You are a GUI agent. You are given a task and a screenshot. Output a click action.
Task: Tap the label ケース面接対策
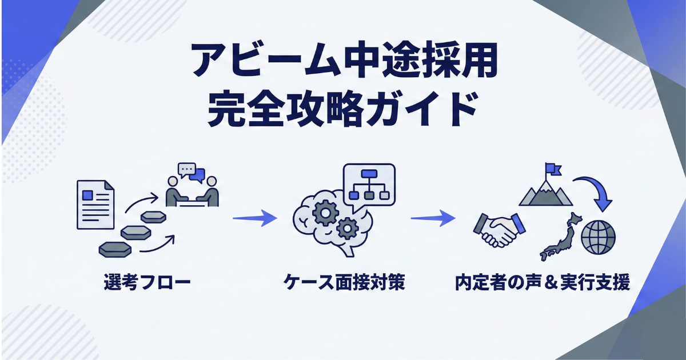pos(344,282)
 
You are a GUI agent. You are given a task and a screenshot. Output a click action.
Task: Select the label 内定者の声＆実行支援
pos(543,282)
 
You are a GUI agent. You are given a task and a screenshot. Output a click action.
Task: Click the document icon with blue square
pos(95,204)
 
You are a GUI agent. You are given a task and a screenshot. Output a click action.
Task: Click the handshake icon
pos(498,230)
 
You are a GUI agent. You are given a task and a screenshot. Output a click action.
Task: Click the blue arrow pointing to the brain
pos(254,218)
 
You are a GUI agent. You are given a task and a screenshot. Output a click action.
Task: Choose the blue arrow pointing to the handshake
pos(433,218)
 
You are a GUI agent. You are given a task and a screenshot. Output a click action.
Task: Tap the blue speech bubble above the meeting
pos(197,174)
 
